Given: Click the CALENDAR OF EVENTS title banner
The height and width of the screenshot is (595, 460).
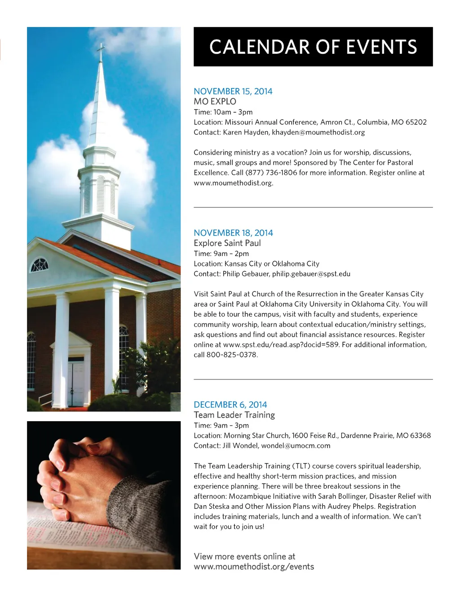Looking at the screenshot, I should click(313, 47).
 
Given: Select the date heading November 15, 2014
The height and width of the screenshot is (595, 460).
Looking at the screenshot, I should click(233, 91).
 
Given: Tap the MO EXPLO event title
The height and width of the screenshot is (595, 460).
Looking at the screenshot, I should click(215, 101).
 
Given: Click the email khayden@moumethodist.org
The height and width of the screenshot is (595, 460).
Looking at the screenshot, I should click(318, 132).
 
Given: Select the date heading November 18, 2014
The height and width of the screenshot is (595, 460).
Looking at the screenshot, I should click(233, 233).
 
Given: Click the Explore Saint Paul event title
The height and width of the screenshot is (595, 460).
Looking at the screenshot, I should click(227, 243).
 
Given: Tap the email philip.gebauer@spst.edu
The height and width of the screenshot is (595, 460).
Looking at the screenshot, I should click(311, 273).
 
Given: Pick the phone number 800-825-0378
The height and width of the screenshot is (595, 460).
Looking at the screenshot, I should click(231, 354).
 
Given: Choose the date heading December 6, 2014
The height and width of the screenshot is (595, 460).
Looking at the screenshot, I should click(230, 405).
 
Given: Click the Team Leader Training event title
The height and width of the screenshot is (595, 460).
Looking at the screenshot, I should click(234, 415).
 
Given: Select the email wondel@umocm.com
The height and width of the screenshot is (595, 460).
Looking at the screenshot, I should click(296, 445).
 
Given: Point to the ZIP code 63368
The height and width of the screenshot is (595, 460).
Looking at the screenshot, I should click(420, 435).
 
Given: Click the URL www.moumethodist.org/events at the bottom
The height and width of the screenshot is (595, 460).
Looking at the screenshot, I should click(254, 567).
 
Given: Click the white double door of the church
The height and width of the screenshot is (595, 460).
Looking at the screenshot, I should click(76, 382).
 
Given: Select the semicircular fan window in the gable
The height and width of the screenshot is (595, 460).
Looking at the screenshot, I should click(39, 265).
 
